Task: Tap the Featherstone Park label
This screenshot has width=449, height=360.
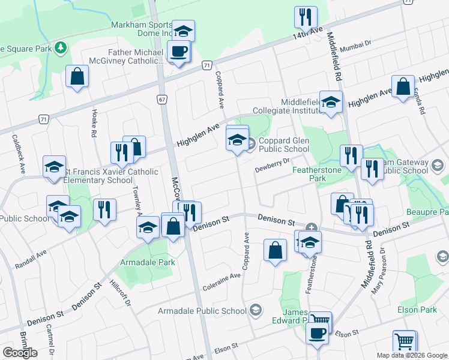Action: click(316, 174)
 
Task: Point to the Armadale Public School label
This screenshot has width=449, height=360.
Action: click(202, 311)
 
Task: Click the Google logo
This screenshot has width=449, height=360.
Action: click(20, 352)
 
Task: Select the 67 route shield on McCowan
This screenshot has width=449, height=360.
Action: click(163, 98)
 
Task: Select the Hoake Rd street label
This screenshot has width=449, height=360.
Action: click(95, 123)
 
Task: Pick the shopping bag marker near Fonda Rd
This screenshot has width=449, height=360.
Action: click(403, 87)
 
